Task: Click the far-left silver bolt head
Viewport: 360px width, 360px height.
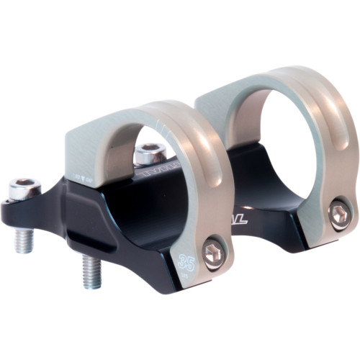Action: click(x=24, y=189)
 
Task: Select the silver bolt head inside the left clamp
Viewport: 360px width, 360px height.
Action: click(x=150, y=153)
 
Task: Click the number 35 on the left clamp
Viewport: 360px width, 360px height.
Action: click(x=186, y=261)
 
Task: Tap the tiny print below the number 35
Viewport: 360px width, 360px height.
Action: click(x=189, y=274)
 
